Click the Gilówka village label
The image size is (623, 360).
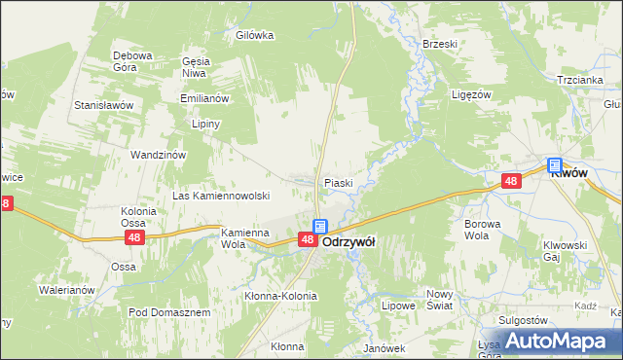tap(255, 35)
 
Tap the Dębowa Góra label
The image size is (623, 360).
tap(132, 61)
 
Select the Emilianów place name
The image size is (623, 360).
tap(203, 98)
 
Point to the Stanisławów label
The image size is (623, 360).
tap(104, 103)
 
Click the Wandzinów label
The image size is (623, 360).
tap(158, 154)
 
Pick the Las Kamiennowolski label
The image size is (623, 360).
tap(221, 196)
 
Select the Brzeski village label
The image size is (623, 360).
tap(440, 44)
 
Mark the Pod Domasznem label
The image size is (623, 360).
tap(169, 312)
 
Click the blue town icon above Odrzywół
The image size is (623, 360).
tap(319, 227)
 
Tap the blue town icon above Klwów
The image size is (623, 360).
tap(555, 165)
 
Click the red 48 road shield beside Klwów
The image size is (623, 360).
tap(512, 181)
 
